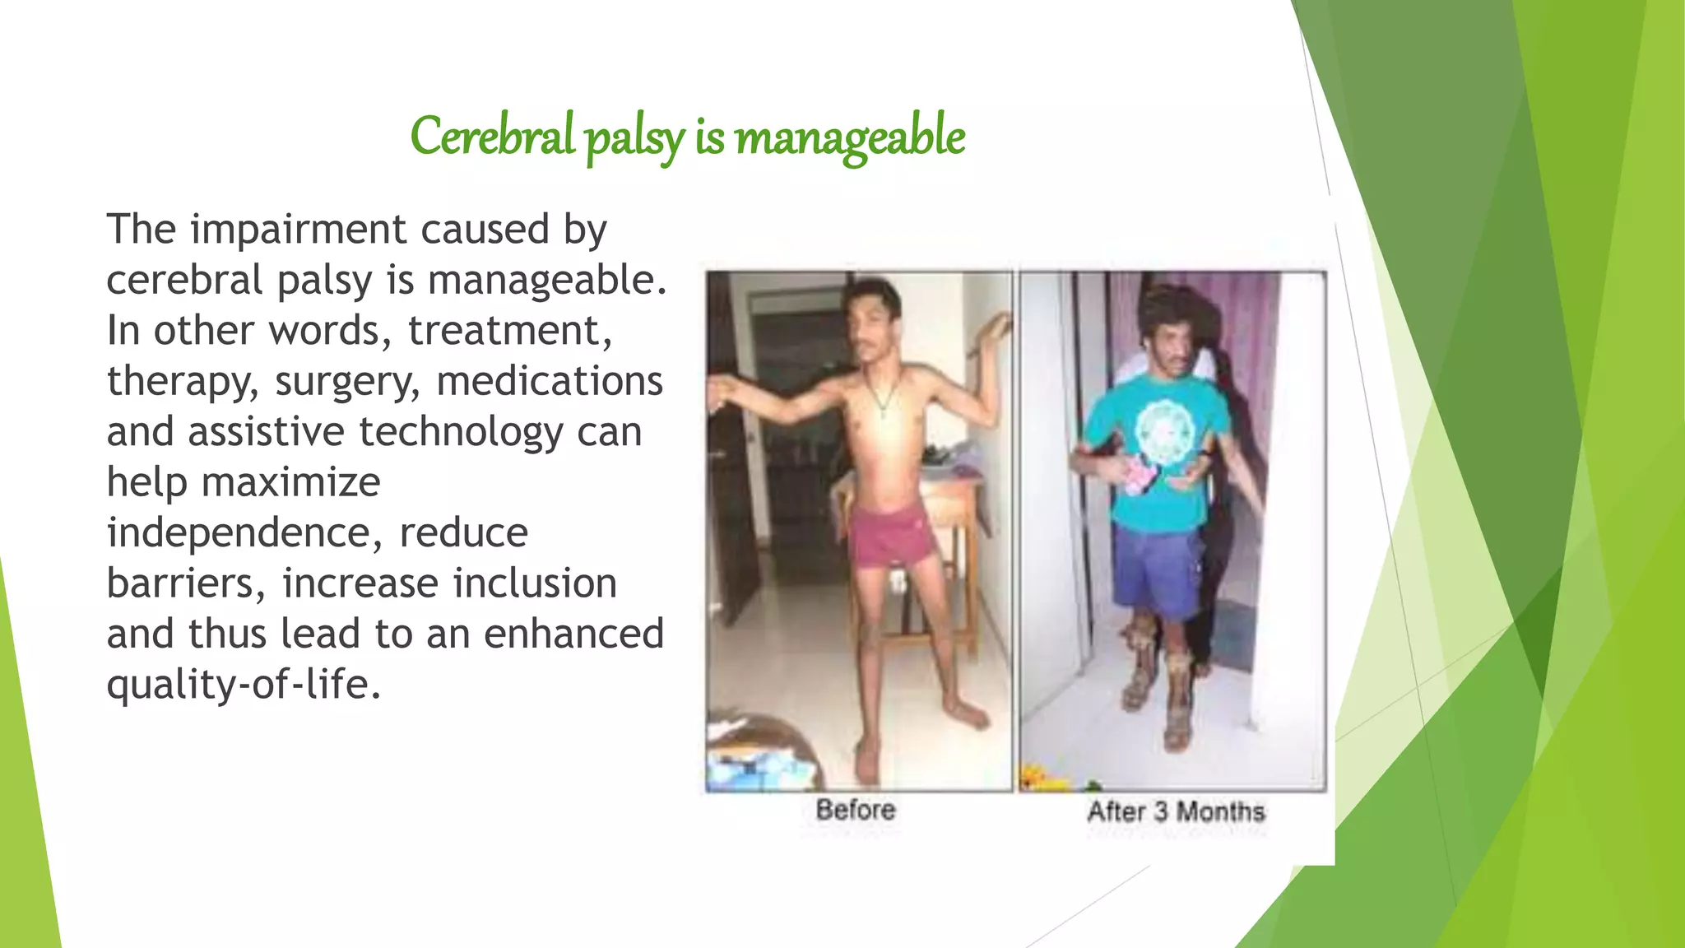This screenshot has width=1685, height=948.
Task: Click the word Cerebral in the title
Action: pos(492,137)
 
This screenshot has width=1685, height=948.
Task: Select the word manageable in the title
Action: pos(850,137)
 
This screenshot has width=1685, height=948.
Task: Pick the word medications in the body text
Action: pos(549,381)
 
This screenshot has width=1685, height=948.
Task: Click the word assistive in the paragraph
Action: pos(266,431)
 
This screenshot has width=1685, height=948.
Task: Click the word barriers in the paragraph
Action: pos(186,583)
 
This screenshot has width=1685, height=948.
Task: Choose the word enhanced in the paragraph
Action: pos(573,634)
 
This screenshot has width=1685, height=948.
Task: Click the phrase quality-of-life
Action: pos(243,685)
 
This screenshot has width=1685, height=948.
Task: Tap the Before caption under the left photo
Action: pos(856,810)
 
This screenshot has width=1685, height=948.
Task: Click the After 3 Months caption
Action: pos(1176,811)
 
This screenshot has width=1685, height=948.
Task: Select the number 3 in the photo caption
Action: pos(1160,811)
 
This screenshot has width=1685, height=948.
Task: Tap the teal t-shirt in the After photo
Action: pos(1152,477)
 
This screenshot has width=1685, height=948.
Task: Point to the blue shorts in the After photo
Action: pos(1156,568)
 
